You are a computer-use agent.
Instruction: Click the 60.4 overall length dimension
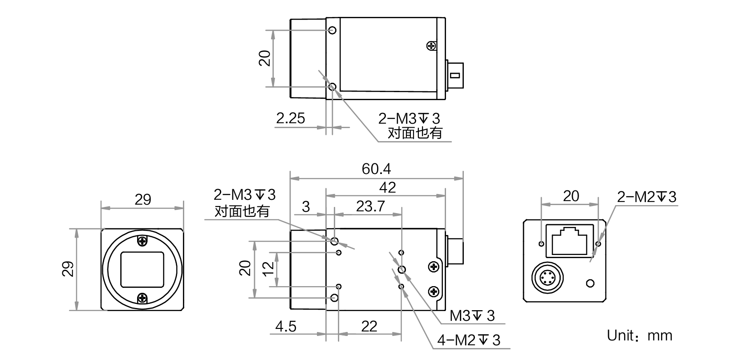click(x=376, y=169)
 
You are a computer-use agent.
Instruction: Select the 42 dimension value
click(x=387, y=188)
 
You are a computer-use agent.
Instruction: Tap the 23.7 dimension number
click(x=370, y=206)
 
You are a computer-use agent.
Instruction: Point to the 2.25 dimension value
click(x=291, y=118)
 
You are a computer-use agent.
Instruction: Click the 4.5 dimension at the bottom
click(x=285, y=327)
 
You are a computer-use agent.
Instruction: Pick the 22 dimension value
click(x=369, y=327)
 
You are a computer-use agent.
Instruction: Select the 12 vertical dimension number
click(x=268, y=268)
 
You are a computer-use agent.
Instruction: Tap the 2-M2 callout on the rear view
click(x=647, y=197)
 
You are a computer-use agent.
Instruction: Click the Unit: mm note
click(x=640, y=336)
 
